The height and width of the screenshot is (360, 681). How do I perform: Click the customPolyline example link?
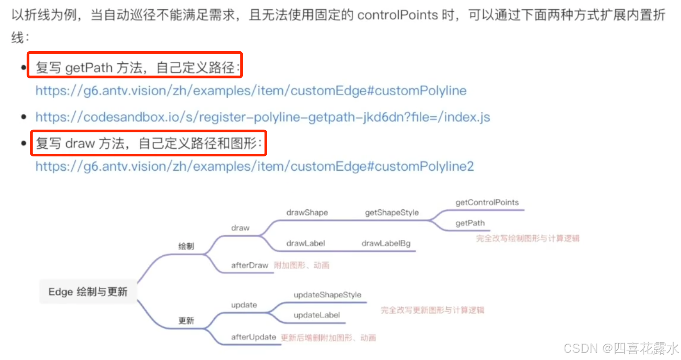(x=251, y=91)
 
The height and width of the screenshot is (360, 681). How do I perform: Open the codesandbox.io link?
(x=262, y=117)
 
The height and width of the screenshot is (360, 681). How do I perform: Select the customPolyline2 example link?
(x=254, y=167)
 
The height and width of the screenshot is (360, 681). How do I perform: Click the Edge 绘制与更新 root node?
(x=88, y=292)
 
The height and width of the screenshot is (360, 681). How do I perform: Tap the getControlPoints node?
(x=487, y=203)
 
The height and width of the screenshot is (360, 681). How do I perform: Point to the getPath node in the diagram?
(x=470, y=223)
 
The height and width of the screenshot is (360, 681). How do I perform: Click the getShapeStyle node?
(x=391, y=213)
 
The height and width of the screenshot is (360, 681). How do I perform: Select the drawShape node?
(x=307, y=213)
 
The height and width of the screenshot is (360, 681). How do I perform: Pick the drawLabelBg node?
(x=386, y=243)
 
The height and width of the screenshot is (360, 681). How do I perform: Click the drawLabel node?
(x=306, y=243)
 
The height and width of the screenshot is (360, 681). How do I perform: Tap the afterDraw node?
(x=249, y=266)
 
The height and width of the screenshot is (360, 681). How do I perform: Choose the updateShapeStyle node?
(x=327, y=295)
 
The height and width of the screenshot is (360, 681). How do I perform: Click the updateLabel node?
(x=317, y=315)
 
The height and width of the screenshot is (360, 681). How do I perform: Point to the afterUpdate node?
(x=253, y=337)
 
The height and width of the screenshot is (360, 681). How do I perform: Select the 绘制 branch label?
(x=186, y=246)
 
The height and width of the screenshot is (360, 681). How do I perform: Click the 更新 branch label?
(x=186, y=321)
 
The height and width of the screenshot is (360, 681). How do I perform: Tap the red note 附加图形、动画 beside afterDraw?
(x=302, y=266)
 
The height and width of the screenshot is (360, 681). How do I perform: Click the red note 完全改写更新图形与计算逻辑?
(x=432, y=310)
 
